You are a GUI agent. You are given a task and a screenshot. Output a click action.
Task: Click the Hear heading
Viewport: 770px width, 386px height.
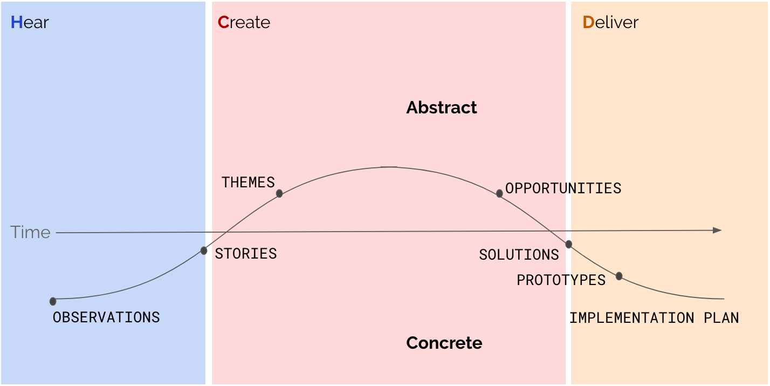click(x=30, y=23)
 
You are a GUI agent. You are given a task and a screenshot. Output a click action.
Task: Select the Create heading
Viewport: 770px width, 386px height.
click(x=244, y=23)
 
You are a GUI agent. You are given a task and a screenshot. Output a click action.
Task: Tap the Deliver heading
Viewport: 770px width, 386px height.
click(x=610, y=23)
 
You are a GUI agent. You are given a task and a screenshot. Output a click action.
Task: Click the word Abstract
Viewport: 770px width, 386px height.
click(x=442, y=107)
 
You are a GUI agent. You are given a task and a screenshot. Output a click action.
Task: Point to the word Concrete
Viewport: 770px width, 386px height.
click(x=444, y=343)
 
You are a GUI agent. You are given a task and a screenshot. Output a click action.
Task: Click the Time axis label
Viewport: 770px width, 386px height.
click(x=30, y=232)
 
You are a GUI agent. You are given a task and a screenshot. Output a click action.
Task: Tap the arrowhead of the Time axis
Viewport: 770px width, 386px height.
click(x=717, y=231)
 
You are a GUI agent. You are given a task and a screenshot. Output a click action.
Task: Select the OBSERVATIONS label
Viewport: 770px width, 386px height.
click(x=106, y=317)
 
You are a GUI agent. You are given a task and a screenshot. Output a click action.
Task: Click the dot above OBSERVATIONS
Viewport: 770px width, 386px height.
click(x=53, y=301)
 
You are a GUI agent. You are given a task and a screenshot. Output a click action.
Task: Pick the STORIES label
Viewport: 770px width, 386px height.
click(x=246, y=254)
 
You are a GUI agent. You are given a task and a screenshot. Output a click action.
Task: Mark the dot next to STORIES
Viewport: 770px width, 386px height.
click(x=204, y=250)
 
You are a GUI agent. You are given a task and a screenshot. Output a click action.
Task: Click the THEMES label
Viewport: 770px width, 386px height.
click(x=248, y=182)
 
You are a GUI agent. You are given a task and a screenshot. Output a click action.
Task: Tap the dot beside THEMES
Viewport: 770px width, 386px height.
click(x=279, y=193)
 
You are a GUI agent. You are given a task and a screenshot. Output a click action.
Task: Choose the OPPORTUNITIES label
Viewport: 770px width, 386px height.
click(x=563, y=188)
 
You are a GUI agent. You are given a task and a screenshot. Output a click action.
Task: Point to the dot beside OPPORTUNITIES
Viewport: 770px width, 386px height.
click(x=499, y=193)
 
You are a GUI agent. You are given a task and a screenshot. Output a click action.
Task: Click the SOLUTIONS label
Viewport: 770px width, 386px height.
click(x=519, y=255)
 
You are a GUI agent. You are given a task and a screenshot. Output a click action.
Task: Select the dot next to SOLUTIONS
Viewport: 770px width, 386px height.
click(x=568, y=245)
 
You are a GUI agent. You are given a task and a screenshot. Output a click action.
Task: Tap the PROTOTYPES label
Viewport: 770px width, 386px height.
click(x=561, y=280)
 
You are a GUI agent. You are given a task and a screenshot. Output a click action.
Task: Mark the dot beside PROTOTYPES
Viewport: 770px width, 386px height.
click(x=619, y=276)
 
